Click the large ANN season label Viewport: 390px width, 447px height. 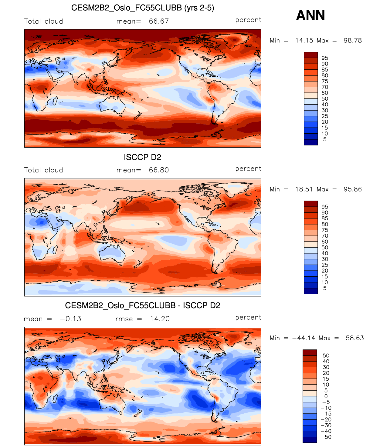(x=310, y=15)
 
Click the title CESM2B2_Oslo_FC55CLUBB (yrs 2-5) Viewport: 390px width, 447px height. (x=143, y=8)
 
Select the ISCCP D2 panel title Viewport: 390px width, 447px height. (x=142, y=157)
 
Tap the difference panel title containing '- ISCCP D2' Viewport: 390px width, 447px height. (x=143, y=305)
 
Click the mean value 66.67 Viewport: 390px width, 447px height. (x=159, y=21)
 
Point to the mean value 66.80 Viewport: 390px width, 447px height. (x=159, y=170)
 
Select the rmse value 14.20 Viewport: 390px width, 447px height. (x=160, y=319)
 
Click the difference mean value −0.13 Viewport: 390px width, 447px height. (x=70, y=319)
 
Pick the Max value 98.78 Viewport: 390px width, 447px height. (x=353, y=41)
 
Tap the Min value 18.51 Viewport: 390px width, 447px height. (x=304, y=189)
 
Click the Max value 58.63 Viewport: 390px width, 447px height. (x=354, y=338)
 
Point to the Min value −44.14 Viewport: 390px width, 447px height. (x=304, y=338)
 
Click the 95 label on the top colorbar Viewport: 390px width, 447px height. (x=325, y=58)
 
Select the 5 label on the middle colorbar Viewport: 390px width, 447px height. (x=325, y=288)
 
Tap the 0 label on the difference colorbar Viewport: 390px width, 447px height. (x=326, y=396)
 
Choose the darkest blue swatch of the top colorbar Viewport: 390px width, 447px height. (x=311, y=142)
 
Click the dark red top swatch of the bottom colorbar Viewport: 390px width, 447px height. (x=310, y=352)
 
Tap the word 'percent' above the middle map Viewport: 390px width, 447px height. (x=248, y=169)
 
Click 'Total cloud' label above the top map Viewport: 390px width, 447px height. (x=43, y=22)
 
